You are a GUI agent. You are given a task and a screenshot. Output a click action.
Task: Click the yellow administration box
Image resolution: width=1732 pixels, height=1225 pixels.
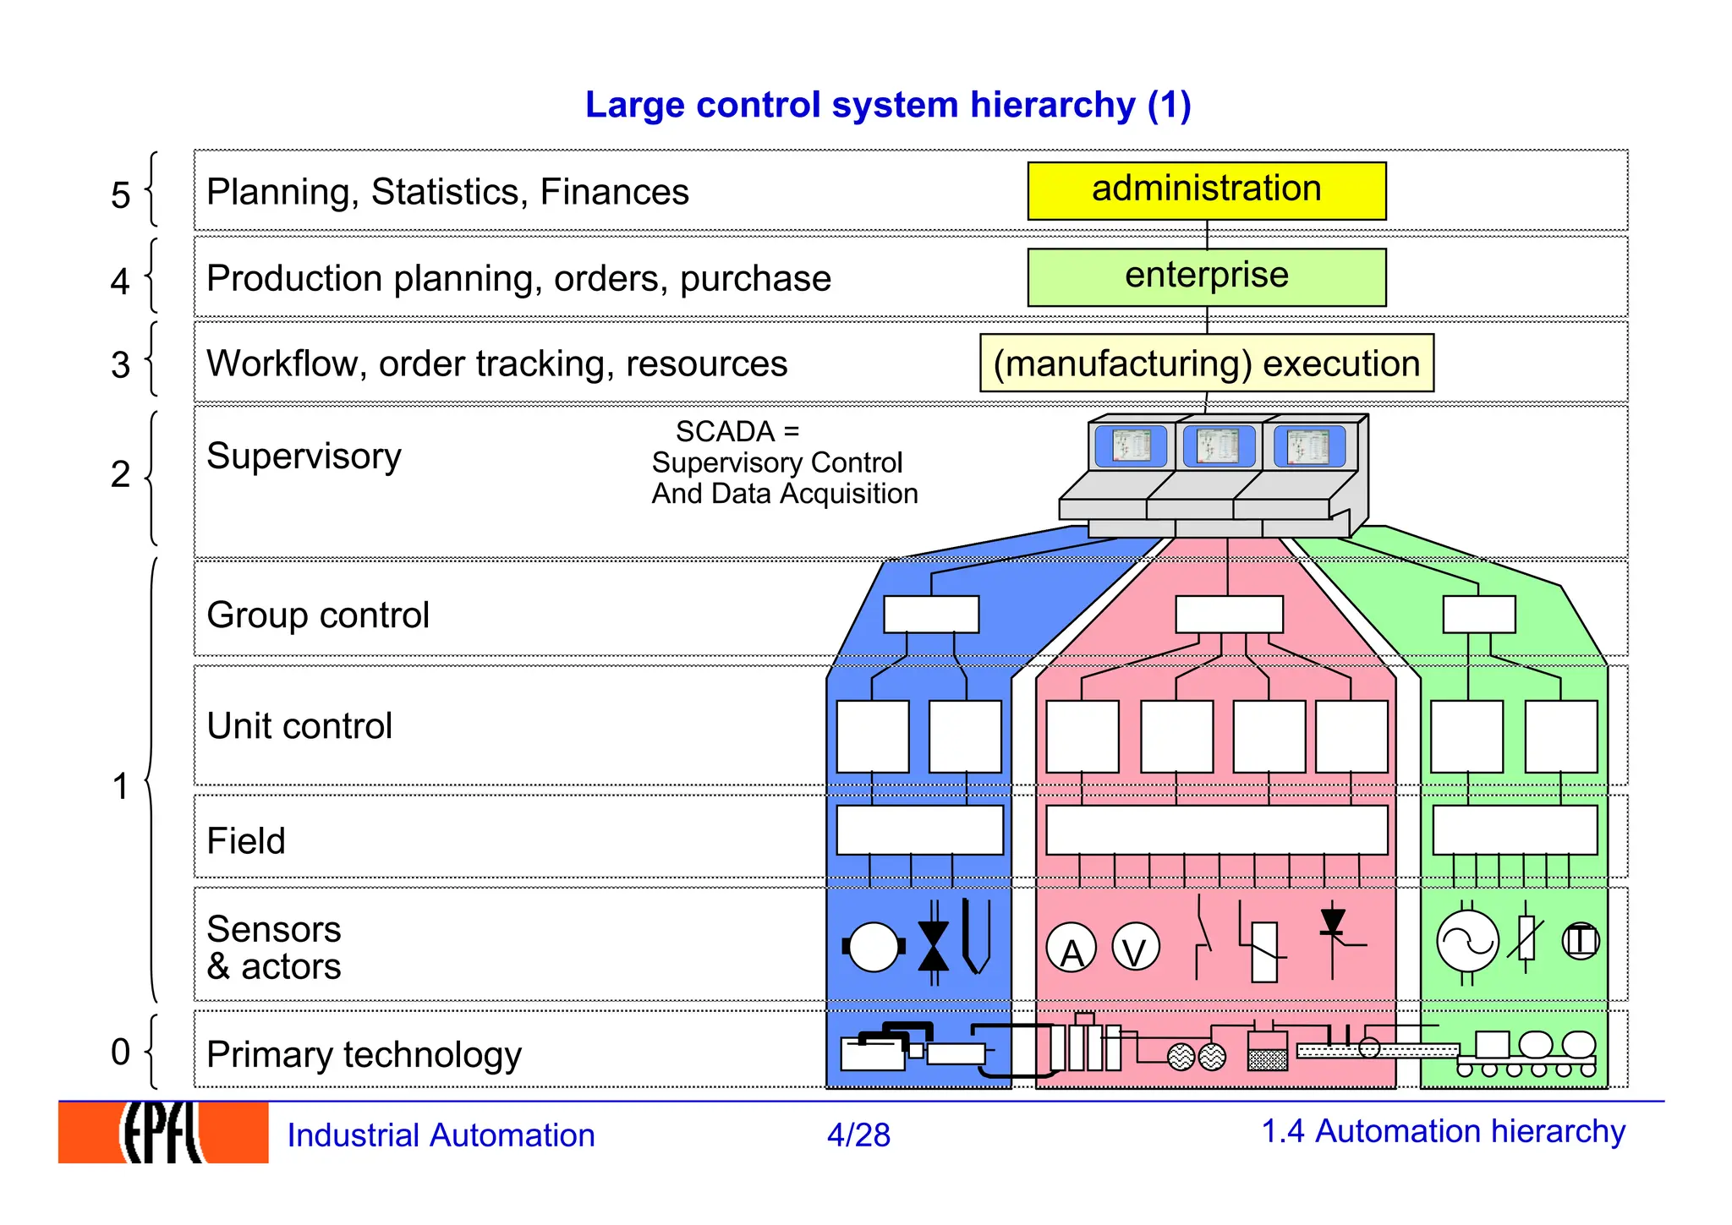pos(1206,190)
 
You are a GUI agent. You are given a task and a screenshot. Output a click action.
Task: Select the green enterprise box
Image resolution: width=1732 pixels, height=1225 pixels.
pos(1206,276)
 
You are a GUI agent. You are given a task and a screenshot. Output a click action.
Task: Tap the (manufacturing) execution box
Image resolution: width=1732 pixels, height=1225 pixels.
pos(1206,363)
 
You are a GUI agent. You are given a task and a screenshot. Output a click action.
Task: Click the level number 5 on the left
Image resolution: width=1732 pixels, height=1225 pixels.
pos(120,194)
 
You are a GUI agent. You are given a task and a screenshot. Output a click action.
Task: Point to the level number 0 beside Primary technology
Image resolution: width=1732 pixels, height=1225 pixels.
pos(120,1052)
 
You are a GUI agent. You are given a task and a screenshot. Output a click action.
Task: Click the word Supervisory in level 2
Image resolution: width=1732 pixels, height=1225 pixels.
pos(304,457)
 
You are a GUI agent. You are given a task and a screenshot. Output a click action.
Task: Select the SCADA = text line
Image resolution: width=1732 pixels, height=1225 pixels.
pos(737,431)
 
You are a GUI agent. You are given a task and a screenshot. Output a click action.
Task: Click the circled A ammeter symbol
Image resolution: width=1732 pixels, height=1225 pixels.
pos(1071,949)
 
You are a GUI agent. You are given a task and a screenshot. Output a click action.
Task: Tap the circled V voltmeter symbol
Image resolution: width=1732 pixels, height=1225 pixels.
pos(1135,948)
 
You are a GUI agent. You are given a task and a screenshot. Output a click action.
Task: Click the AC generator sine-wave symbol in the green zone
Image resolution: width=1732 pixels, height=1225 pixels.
pos(1467,941)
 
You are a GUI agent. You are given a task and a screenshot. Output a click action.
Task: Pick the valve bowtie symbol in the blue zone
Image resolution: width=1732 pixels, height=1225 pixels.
pos(934,944)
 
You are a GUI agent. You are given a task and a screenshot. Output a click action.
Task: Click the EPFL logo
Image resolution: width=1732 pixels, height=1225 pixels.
pos(163,1133)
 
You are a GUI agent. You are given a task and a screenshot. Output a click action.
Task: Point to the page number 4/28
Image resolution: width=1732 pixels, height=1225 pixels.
pos(858,1135)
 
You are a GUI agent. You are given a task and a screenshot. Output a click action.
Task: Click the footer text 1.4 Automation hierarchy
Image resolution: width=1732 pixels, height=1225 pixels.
pos(1443,1131)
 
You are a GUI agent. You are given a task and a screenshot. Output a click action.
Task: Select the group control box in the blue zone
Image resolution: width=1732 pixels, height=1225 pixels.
pos(931,615)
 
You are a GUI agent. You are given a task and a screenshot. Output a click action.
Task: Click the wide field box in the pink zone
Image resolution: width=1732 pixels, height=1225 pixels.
pos(1216,829)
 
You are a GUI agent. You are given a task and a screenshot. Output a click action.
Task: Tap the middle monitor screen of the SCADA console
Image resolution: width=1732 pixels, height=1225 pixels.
pos(1218,446)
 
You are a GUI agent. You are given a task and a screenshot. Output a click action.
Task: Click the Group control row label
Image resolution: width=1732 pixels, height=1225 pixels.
pos(318,615)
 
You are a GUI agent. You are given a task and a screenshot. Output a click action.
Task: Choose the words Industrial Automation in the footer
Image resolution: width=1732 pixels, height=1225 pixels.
pos(441,1135)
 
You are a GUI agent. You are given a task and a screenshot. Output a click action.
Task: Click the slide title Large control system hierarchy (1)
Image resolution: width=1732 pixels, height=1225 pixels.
pos(888,105)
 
